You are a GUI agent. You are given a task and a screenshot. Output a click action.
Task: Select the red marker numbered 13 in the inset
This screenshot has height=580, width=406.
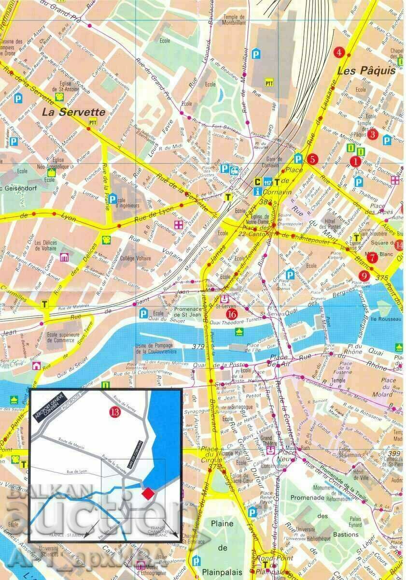[x=114, y=412]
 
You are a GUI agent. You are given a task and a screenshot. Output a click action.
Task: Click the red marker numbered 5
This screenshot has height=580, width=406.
[x=312, y=159]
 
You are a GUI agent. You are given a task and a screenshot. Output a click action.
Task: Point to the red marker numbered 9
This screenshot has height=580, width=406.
[x=364, y=276]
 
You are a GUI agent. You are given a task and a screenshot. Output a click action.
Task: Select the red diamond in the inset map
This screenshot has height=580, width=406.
[x=148, y=493]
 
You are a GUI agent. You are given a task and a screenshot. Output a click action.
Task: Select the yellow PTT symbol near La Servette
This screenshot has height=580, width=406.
[x=93, y=123]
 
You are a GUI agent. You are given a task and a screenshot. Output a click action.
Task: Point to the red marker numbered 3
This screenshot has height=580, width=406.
[x=372, y=134]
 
